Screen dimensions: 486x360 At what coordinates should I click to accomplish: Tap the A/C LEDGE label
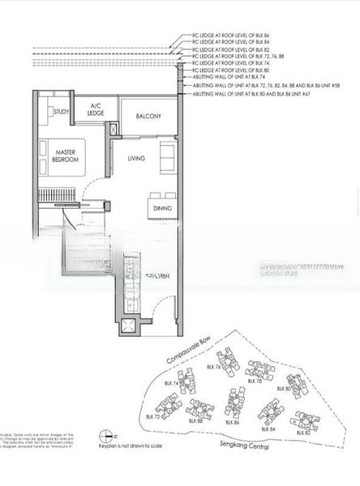pos(96,110)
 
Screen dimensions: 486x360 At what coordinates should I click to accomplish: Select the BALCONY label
pos(148,116)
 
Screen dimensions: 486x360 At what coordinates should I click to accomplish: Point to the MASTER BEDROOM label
pos(66,156)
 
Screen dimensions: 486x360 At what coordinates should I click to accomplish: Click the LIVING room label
pos(136,158)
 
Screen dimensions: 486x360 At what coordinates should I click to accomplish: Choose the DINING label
pos(162,208)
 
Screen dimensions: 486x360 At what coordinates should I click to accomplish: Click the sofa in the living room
pos(167,154)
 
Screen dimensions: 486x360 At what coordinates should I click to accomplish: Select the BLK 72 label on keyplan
pos(152,416)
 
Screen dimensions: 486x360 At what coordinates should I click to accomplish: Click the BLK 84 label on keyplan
pos(267,428)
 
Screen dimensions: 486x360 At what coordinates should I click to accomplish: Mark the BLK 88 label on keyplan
pos(195,421)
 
